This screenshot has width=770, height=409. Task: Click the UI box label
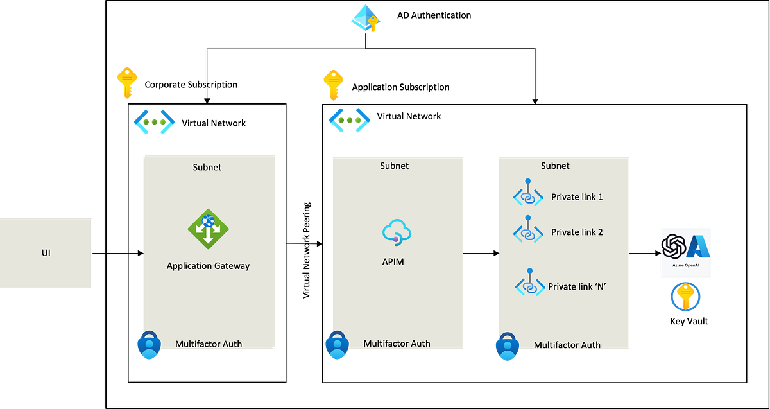point(46,253)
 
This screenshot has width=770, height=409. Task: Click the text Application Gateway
point(208,266)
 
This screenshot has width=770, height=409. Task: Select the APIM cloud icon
point(397,232)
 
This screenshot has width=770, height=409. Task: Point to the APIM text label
point(393,261)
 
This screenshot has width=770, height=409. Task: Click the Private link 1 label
point(577,197)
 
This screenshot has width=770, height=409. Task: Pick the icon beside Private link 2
point(528,230)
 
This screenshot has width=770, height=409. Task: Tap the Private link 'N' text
point(577,286)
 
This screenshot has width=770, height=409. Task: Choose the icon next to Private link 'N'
point(529,283)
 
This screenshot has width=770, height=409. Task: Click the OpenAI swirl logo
point(674,247)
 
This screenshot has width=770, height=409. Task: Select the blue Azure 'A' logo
point(697,247)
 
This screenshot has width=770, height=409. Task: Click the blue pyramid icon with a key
point(365,18)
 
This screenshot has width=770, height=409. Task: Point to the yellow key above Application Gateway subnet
point(126,82)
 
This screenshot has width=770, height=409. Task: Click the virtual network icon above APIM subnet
point(349,120)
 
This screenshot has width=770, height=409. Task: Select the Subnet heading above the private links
point(555,166)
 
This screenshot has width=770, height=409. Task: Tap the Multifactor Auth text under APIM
point(397,344)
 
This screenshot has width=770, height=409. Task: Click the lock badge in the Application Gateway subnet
point(148,346)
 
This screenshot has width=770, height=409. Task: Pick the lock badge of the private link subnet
point(506,347)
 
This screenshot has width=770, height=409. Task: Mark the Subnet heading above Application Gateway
point(207,167)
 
